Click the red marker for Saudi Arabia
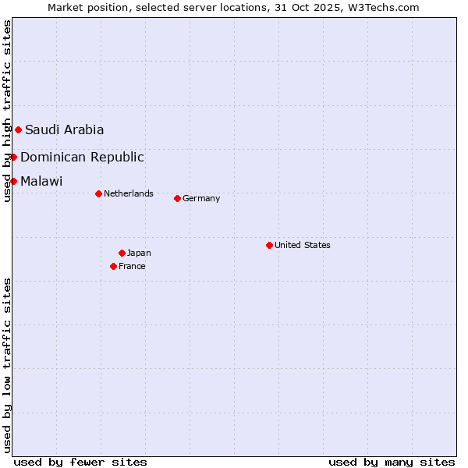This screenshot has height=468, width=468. tap(18, 129)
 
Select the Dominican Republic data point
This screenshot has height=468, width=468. tap(13, 157)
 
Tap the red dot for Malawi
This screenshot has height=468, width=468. tap(13, 181)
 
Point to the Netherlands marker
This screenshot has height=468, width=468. tap(98, 193)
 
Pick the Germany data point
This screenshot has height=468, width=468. tap(177, 198)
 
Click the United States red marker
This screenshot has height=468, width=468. tap(269, 245)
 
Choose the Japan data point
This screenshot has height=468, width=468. tap(122, 253)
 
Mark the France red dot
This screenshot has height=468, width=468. tap(113, 266)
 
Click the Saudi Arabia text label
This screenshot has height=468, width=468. tap(64, 129)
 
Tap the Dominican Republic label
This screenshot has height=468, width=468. tap(82, 157)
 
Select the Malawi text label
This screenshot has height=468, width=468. tap(41, 181)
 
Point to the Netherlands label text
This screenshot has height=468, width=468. tap(129, 193)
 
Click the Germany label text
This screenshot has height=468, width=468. tap(201, 198)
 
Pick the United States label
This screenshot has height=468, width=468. tap(303, 245)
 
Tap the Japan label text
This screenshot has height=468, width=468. tap(139, 253)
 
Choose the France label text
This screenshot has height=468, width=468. tap(132, 266)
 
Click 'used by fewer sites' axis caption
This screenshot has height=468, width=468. tap(80, 462)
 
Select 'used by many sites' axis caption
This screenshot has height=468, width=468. tap(392, 462)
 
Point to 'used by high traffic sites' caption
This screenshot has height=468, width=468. tap(7, 111)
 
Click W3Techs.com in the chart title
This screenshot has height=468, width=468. tap(382, 7)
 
